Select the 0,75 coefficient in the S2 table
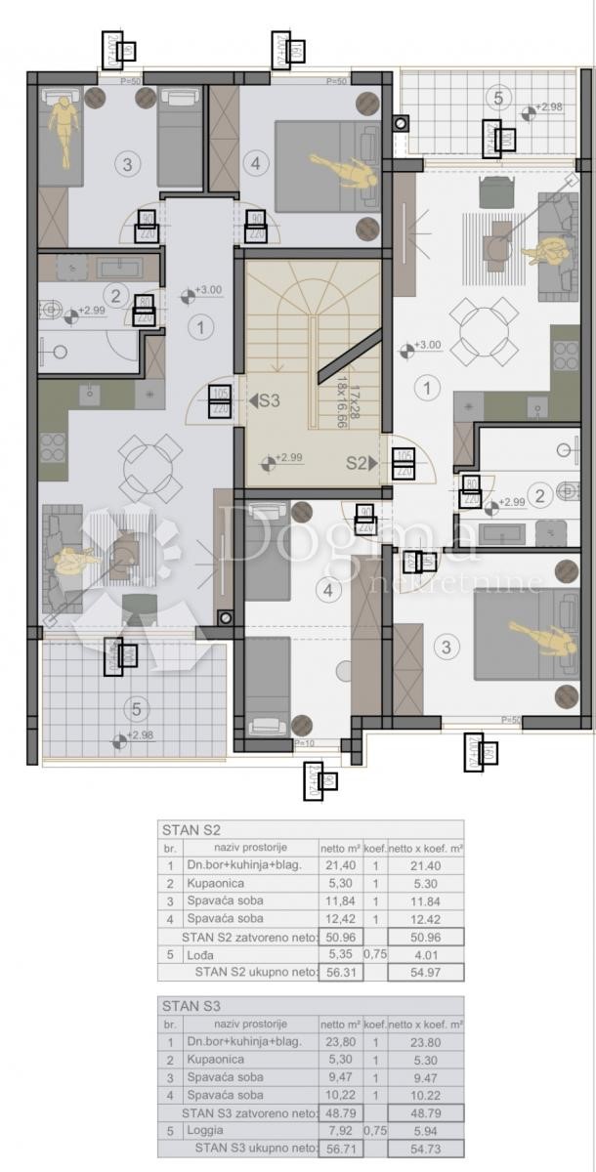[375, 954]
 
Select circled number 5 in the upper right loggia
[498, 98]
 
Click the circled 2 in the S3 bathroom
[115, 295]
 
